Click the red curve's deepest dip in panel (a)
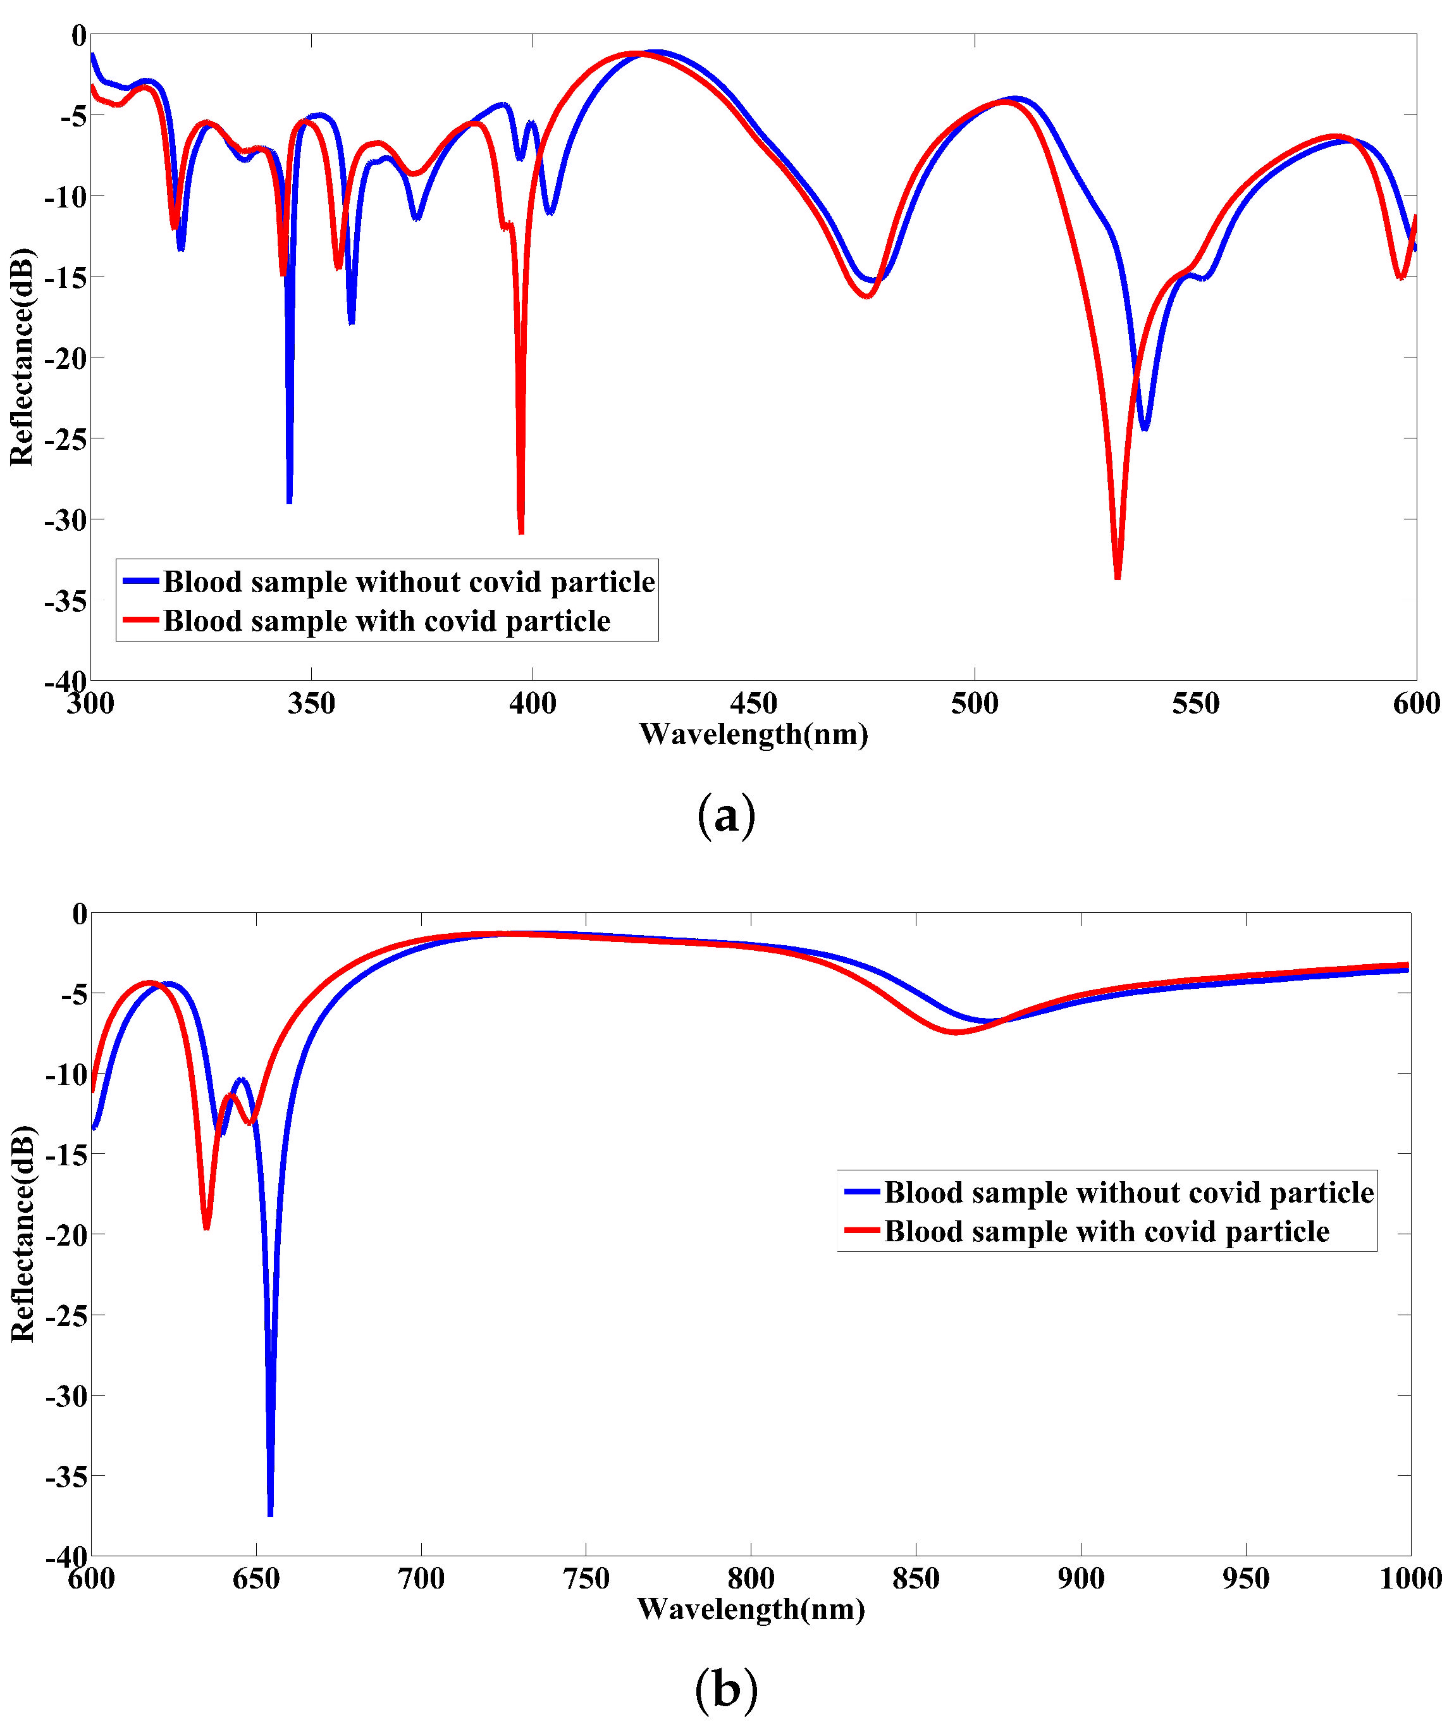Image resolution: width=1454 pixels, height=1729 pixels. [x=1117, y=576]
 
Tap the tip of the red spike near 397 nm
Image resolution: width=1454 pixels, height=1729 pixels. [x=521, y=532]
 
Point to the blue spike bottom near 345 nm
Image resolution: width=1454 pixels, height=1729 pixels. [x=289, y=500]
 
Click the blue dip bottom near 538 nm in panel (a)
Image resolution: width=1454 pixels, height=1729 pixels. [x=1144, y=428]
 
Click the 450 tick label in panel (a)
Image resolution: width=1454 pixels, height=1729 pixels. [x=753, y=704]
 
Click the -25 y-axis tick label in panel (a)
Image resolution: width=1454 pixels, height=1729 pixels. [x=66, y=438]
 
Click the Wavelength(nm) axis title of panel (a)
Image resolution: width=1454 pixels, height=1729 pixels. [x=753, y=734]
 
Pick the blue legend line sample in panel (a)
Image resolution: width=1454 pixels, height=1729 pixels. [x=140, y=581]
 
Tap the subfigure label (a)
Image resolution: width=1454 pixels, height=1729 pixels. [x=726, y=816]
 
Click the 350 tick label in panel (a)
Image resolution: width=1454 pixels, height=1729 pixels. [x=312, y=704]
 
